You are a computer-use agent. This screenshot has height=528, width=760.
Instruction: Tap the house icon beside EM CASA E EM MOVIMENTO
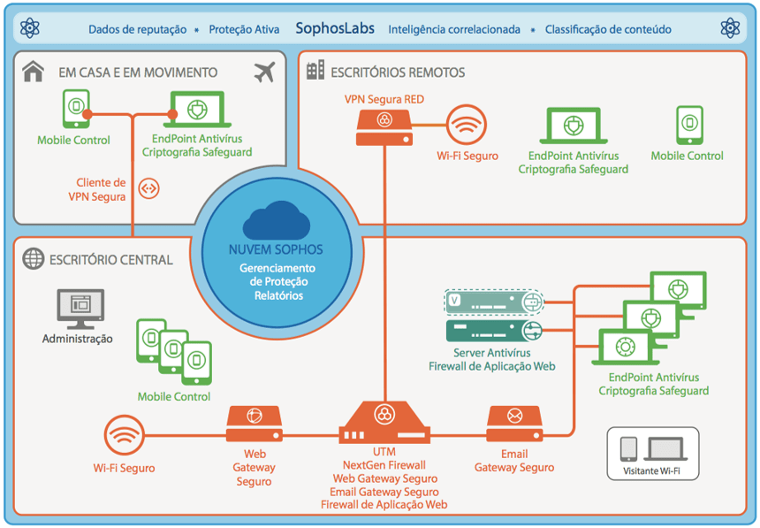coord(34,72)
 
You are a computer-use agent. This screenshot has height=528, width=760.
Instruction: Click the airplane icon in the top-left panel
coord(264,73)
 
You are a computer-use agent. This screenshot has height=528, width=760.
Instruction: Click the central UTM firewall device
coord(384,423)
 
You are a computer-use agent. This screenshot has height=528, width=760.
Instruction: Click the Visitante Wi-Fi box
coord(652,454)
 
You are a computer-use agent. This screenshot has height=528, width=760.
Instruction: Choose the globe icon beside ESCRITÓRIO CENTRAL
coord(34,259)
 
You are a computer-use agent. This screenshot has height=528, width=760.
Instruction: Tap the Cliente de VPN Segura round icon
coord(149,187)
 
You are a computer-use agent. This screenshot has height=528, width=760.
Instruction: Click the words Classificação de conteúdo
coord(608,29)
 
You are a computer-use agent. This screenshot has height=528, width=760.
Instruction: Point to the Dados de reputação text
coord(137,29)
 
